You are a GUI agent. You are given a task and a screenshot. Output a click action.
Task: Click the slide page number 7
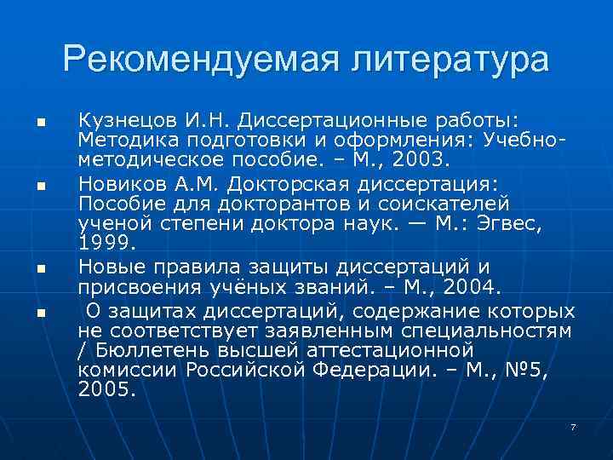click(x=573, y=425)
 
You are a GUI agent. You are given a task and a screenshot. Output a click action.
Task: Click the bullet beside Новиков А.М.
click(x=39, y=183)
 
